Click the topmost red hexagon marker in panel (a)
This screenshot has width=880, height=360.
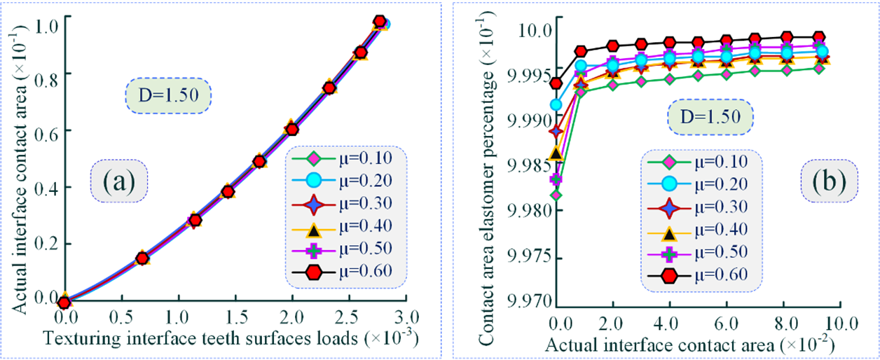coord(380,22)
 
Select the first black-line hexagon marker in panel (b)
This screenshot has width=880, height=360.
coord(556,83)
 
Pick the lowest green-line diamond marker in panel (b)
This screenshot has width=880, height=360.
coord(556,195)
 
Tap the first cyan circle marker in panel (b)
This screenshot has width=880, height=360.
coord(556,105)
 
